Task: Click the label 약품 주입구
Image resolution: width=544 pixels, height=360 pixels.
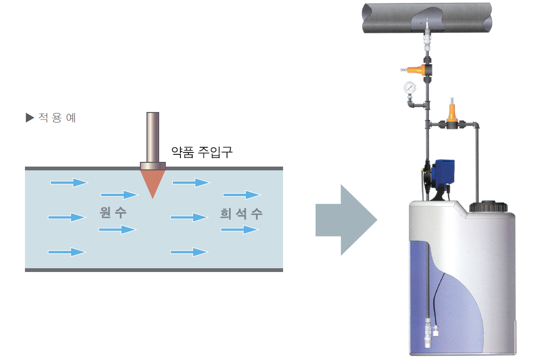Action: click(202, 152)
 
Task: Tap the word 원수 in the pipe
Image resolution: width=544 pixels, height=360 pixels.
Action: click(113, 213)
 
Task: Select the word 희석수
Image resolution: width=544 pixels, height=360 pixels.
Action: click(241, 214)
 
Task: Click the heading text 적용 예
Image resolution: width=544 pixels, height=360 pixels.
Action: click(57, 118)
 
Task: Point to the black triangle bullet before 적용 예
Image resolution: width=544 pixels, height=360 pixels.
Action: click(30, 118)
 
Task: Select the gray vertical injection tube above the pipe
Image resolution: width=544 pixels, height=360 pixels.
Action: click(153, 136)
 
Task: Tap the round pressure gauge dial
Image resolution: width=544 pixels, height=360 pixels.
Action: click(409, 88)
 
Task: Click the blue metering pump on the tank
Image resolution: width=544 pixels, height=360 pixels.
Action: click(444, 171)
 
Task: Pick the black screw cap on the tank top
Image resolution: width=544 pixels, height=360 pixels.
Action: click(487, 207)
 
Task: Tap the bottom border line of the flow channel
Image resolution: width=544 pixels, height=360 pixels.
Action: click(154, 270)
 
